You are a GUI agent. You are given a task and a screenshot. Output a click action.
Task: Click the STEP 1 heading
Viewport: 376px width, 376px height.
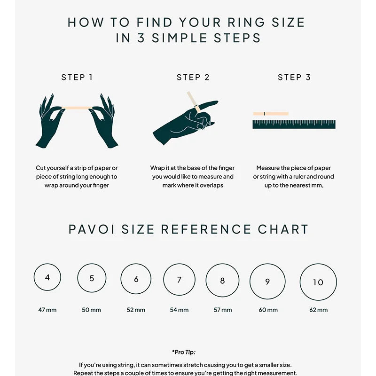click(x=77, y=78)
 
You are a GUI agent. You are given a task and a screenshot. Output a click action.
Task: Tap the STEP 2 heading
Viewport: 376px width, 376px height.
click(x=193, y=78)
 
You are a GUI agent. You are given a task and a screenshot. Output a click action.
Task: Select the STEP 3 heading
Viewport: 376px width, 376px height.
click(x=294, y=78)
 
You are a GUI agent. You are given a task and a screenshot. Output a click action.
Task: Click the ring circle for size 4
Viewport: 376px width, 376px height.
click(x=47, y=277)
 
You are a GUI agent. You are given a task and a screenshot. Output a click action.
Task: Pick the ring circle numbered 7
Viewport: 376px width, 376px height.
click(x=179, y=280)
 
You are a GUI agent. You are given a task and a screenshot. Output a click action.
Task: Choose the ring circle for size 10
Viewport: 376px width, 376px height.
click(x=318, y=282)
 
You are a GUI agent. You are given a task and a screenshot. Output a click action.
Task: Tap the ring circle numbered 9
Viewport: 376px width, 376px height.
click(x=267, y=282)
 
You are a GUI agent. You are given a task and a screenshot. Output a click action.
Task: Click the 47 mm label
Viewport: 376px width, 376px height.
click(x=47, y=310)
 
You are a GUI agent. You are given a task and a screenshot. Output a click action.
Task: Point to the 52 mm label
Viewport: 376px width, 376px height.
click(x=136, y=310)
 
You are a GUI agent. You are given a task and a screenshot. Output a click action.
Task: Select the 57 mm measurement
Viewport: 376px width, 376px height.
click(x=223, y=310)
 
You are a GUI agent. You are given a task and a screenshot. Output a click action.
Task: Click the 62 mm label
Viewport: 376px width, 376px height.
click(x=318, y=310)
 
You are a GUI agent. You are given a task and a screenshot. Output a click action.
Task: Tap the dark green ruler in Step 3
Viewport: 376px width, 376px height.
click(x=294, y=125)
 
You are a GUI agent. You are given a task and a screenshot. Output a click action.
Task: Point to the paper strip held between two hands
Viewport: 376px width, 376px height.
click(x=78, y=108)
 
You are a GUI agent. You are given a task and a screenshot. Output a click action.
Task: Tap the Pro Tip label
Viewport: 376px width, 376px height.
click(x=183, y=352)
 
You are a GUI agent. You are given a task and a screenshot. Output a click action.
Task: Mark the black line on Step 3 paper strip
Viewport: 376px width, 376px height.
click(x=265, y=113)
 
